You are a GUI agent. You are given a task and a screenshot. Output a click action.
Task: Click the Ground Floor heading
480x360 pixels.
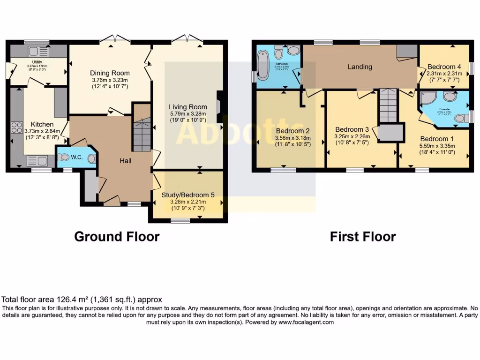pyautogui.click(x=117, y=237)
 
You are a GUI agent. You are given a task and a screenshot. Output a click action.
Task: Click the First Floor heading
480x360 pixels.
pyautogui.click(x=362, y=237)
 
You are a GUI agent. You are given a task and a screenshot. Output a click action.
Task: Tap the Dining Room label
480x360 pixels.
pyautogui.click(x=110, y=73)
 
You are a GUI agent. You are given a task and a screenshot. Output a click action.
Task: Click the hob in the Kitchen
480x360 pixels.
pyautogui.click(x=16, y=127)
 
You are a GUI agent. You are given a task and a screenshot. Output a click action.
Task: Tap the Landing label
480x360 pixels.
pyautogui.click(x=360, y=67)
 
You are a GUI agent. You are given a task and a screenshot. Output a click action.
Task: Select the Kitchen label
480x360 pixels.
pyautogui.click(x=43, y=124)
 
